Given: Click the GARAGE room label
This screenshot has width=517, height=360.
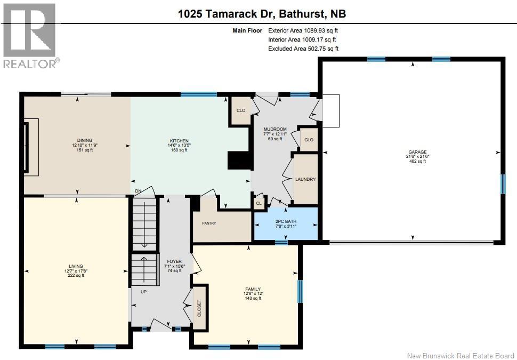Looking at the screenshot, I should (417, 152).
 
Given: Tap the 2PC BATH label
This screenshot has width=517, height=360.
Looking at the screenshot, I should (286, 221).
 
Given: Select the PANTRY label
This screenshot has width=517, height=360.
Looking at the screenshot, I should (209, 223).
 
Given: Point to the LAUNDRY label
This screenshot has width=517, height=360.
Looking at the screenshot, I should (305, 179).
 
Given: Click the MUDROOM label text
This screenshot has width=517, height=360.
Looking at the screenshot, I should (275, 129).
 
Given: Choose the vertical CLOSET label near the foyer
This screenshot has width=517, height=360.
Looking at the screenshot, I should (200, 308).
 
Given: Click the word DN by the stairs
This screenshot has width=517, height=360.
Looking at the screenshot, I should (138, 191).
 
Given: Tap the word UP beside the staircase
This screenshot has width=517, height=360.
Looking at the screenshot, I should (143, 292).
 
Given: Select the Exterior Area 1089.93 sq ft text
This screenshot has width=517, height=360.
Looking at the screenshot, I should (302, 30).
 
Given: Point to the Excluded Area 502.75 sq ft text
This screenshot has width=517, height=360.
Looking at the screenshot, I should (303, 49).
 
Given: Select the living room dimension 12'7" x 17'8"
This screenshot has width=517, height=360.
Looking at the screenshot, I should (76, 270).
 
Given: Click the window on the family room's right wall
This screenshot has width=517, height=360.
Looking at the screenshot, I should (300, 291).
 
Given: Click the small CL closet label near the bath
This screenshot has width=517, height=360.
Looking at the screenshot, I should (259, 203).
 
